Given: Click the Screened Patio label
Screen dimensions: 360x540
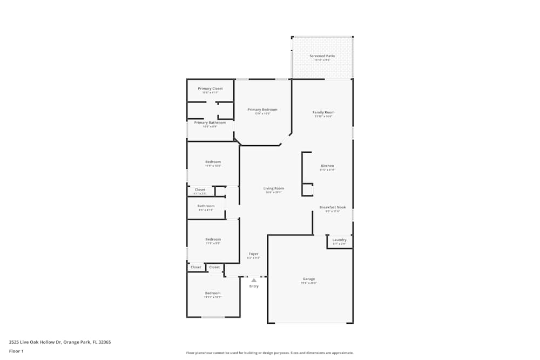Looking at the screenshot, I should click(322, 56).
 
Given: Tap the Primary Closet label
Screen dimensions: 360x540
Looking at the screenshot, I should click(210, 89).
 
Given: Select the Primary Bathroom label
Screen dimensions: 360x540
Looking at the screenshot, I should click(210, 123).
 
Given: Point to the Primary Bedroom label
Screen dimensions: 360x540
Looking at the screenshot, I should click(262, 110).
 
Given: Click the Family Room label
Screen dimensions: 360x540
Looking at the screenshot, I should click(323, 112).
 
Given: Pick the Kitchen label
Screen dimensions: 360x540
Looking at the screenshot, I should click(327, 166).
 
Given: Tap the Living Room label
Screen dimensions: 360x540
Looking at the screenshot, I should click(274, 188).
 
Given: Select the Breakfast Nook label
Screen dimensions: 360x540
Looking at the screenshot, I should click(332, 207).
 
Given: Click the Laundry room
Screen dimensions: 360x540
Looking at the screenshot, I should click(339, 241).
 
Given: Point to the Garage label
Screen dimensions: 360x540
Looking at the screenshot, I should click(309, 279).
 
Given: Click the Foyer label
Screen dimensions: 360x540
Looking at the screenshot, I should click(253, 254).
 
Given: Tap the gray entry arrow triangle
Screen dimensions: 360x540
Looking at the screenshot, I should click(254, 280).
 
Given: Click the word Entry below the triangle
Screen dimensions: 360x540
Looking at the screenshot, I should click(254, 286).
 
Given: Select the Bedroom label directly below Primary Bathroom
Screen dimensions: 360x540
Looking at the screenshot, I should click(213, 162).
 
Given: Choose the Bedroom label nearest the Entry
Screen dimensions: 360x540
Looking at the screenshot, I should click(213, 293).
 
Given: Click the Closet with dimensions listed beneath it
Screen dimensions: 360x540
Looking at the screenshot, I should click(200, 190).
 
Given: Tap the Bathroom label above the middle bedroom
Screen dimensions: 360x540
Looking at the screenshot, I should click(206, 206).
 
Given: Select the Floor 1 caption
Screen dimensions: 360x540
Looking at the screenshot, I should click(16, 351).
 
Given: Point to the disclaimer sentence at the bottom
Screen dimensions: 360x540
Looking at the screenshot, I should click(269, 352).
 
